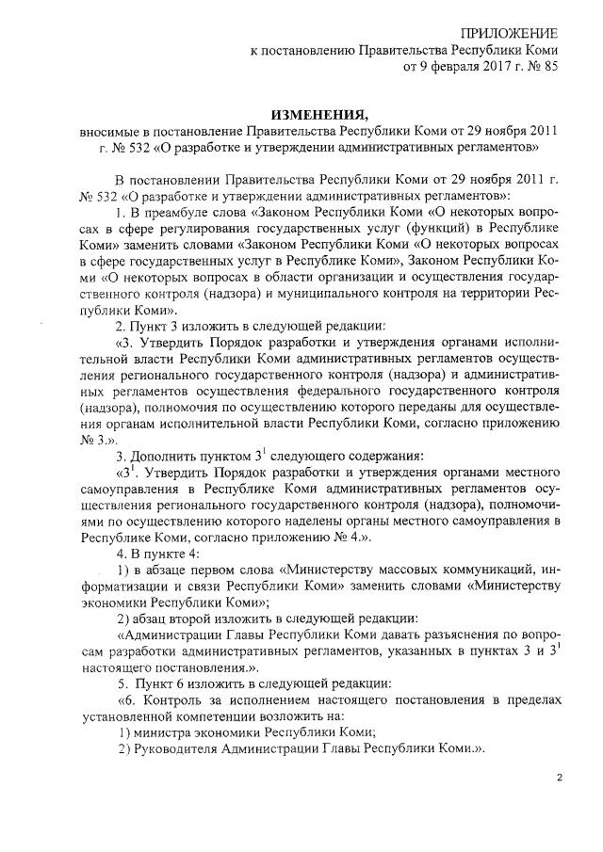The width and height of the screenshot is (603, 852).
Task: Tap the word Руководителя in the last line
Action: point(177,749)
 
